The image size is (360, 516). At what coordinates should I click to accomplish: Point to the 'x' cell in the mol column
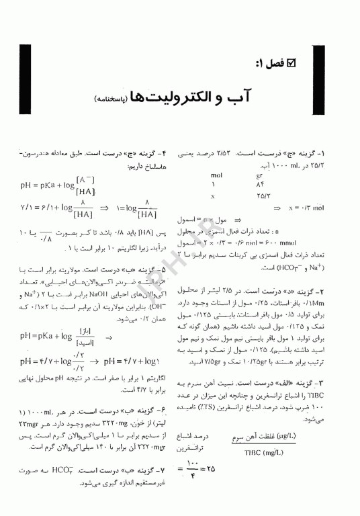213,196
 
